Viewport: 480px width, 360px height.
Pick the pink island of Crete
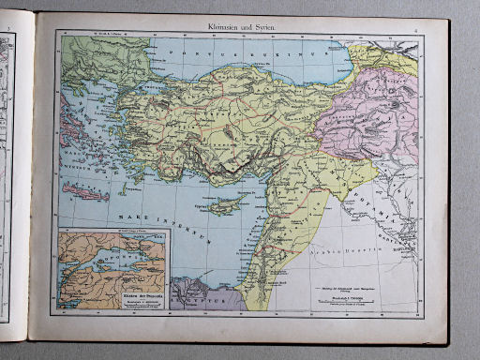tap(85, 193)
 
